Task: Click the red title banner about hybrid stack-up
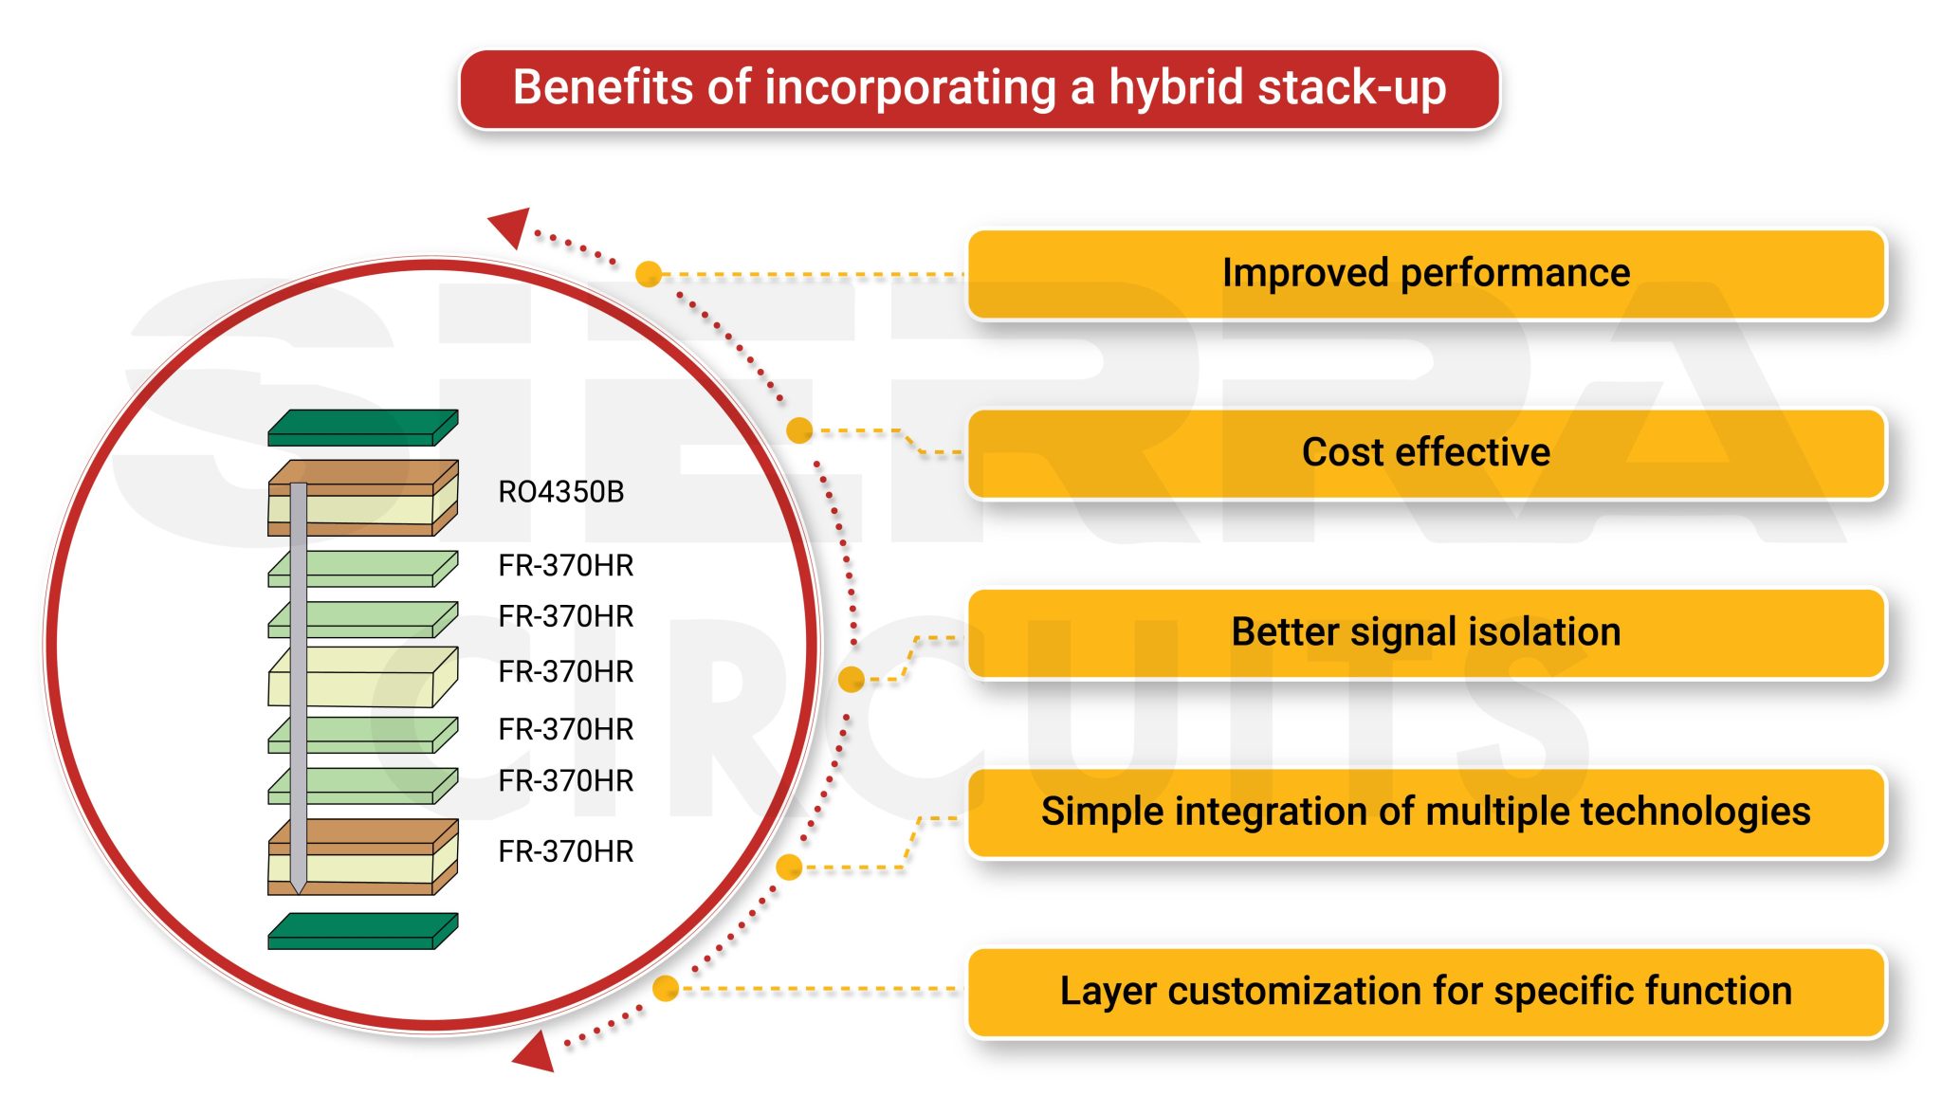(x=979, y=88)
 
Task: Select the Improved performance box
(x=1425, y=273)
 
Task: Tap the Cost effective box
(x=1425, y=453)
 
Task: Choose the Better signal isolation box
(x=1425, y=632)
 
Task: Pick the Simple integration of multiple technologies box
(x=1425, y=813)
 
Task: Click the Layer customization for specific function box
(x=1425, y=992)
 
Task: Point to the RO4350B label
(x=560, y=492)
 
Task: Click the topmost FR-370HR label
(x=565, y=565)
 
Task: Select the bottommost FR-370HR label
(x=565, y=851)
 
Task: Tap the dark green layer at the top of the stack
(x=362, y=428)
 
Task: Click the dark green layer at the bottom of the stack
(x=362, y=931)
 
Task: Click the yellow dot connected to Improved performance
(x=649, y=274)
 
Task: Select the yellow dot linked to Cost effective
(x=799, y=430)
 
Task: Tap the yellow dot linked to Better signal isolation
(x=852, y=679)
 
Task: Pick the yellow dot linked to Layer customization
(x=666, y=988)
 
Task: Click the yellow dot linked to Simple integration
(x=789, y=867)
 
